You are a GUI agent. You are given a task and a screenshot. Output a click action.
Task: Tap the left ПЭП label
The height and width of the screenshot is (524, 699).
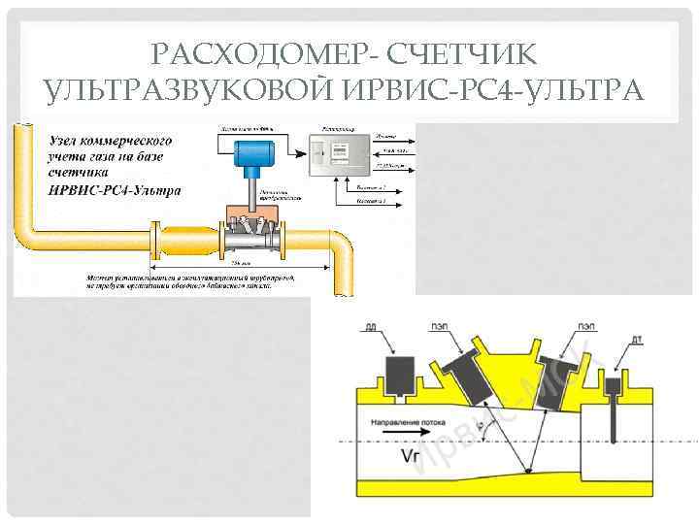tap(438, 327)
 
